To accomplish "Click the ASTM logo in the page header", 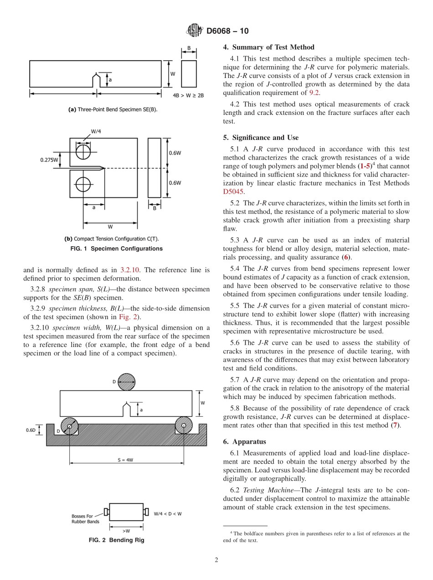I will point(195,31).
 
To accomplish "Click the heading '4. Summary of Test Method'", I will point(268,47).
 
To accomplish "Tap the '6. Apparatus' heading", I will point(244,441).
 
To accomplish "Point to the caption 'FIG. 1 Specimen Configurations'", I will point(116,249).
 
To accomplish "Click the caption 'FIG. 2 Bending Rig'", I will point(116,540).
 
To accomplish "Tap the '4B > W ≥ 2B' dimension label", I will point(188,96).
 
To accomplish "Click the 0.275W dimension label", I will point(49,160).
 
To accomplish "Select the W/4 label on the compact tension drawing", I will point(96,132).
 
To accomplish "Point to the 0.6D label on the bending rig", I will point(31,430).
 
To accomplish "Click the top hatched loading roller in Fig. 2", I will point(127,382).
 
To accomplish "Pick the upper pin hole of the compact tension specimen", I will point(83,151).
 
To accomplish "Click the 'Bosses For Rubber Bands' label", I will point(85,518).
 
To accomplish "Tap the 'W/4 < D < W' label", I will point(168,513).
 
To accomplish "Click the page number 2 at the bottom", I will point(216,560).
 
